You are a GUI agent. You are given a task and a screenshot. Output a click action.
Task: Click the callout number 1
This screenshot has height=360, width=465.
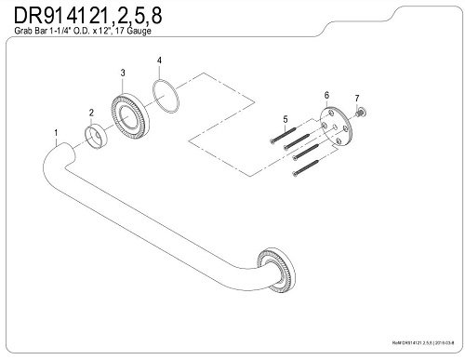57,132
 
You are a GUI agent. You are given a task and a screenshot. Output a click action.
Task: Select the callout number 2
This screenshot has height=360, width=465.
90,113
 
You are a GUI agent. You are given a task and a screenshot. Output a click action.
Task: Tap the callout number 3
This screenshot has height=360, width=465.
123,73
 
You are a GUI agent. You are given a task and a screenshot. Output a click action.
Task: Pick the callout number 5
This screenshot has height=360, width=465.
286,117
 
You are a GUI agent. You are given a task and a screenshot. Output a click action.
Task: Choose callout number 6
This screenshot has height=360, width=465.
326,95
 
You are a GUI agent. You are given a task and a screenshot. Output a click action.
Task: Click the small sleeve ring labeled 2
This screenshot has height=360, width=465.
97,139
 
